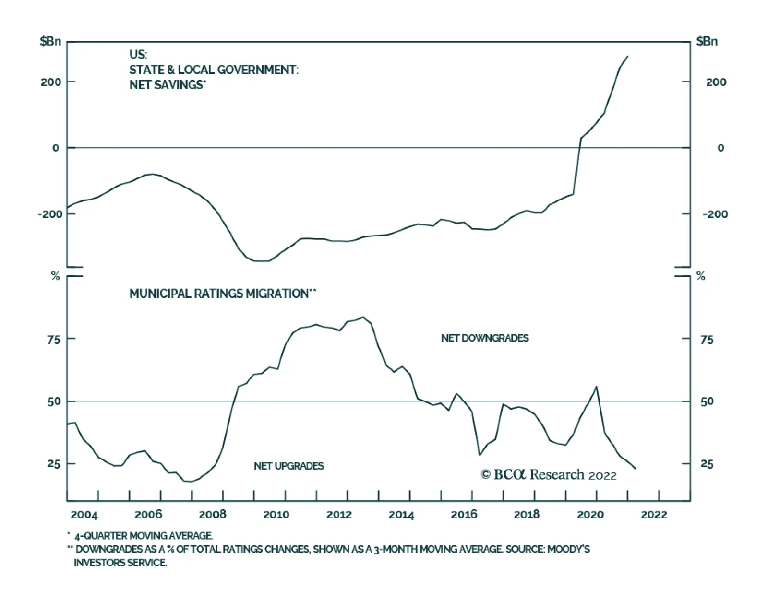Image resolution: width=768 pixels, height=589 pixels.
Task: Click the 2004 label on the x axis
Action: (84, 515)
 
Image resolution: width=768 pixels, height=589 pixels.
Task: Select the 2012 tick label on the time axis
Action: (339, 515)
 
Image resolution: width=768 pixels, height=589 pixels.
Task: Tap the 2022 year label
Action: (654, 515)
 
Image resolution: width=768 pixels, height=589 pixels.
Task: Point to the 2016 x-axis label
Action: (464, 515)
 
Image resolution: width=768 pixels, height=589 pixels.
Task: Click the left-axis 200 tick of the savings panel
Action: (51, 82)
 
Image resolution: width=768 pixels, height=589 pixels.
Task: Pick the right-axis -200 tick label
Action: (715, 214)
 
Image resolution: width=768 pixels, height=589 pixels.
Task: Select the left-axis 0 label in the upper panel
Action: (56, 148)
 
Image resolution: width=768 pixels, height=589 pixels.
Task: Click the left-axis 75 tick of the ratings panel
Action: (54, 339)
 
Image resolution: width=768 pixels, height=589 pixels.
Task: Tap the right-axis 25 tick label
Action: (707, 464)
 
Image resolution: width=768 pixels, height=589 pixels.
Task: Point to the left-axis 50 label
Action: (54, 401)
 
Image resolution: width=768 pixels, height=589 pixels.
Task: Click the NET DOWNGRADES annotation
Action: (485, 338)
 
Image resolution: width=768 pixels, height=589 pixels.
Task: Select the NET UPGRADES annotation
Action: (288, 466)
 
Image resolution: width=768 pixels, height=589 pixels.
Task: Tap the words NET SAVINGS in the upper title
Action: (166, 85)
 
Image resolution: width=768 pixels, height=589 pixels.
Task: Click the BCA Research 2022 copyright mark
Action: (549, 474)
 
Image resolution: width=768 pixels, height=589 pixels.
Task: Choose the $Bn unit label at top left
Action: (50, 41)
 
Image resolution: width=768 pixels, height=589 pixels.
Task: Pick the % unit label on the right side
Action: (701, 276)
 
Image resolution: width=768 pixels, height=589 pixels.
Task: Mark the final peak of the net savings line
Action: (627, 56)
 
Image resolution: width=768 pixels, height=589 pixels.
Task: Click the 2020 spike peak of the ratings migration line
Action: (596, 387)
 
